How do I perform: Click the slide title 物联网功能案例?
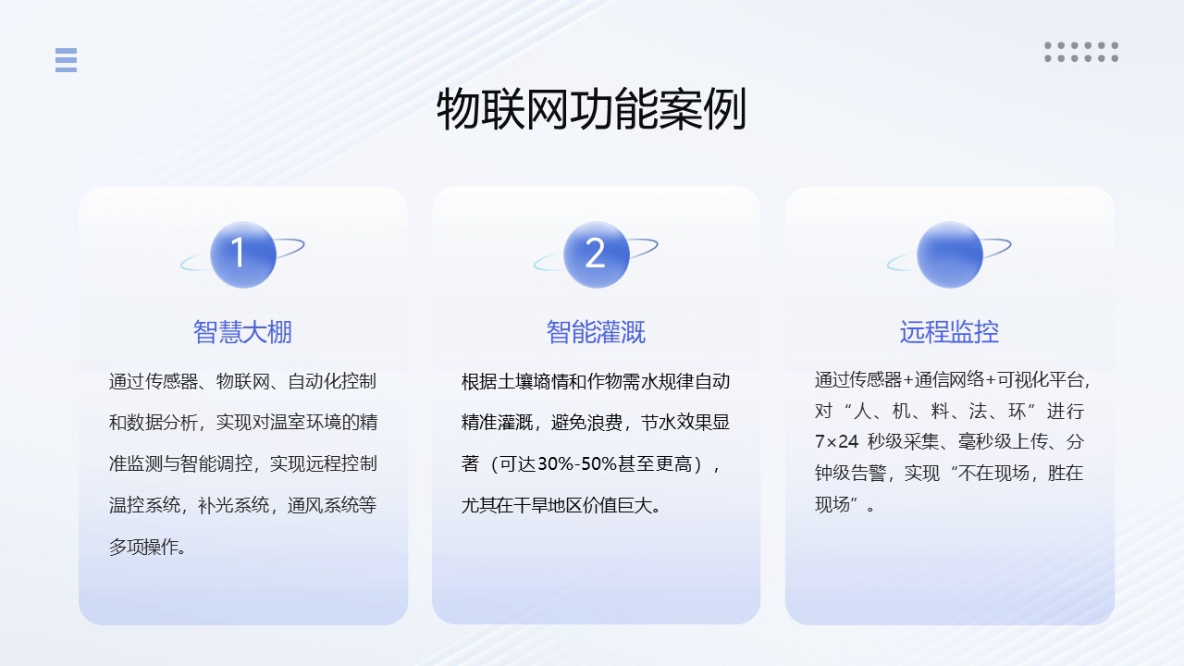[591, 109]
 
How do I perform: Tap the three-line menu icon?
[66, 60]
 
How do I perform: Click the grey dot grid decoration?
[1081, 52]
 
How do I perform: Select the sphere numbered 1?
[243, 254]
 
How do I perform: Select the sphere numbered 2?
[597, 254]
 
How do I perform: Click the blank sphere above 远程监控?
[950, 254]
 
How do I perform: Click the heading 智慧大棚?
[242, 332]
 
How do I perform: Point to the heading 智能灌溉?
[596, 332]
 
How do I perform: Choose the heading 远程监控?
[949, 332]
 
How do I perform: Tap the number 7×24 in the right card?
[837, 441]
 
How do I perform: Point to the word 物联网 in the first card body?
[242, 381]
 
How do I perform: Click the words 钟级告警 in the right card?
[850, 473]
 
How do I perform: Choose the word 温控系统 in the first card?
[144, 505]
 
